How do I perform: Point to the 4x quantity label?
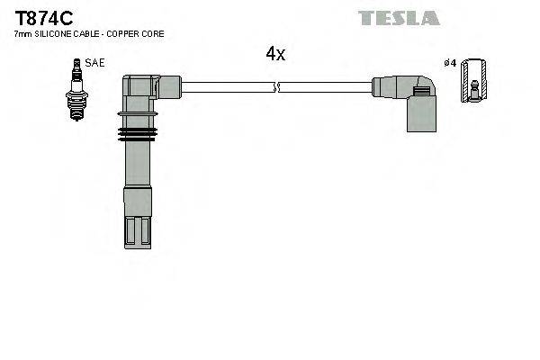point(274,54)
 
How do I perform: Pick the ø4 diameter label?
point(451,62)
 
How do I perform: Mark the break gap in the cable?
point(276,87)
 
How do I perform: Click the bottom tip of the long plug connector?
point(138,232)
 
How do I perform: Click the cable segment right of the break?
point(324,87)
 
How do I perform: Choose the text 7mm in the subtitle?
point(22,33)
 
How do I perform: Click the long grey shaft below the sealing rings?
point(138,171)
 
